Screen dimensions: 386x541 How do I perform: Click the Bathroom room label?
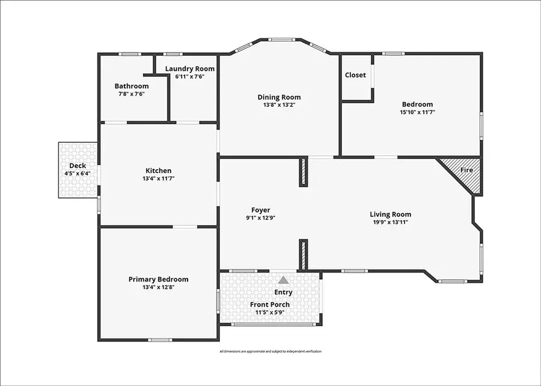132,86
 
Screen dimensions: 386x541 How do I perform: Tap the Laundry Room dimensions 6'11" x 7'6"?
190,77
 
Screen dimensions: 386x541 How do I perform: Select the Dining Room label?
279,97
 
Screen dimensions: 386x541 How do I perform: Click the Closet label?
355,75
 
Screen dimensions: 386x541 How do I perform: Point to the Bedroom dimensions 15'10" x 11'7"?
417,112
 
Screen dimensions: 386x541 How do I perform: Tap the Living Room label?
390,214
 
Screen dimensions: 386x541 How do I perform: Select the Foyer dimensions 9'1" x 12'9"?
260,219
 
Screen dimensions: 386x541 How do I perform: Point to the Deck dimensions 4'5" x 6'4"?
78,174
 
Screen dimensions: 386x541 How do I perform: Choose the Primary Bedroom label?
158,279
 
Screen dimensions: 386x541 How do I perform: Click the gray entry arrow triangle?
283,280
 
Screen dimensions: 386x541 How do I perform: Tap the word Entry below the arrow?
283,292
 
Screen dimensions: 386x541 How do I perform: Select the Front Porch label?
270,305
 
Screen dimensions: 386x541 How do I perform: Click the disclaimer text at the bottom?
270,351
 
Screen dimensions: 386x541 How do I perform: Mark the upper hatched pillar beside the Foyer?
304,172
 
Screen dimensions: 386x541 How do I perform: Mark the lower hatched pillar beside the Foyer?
304,255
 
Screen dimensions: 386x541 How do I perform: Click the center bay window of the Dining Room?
281,40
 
